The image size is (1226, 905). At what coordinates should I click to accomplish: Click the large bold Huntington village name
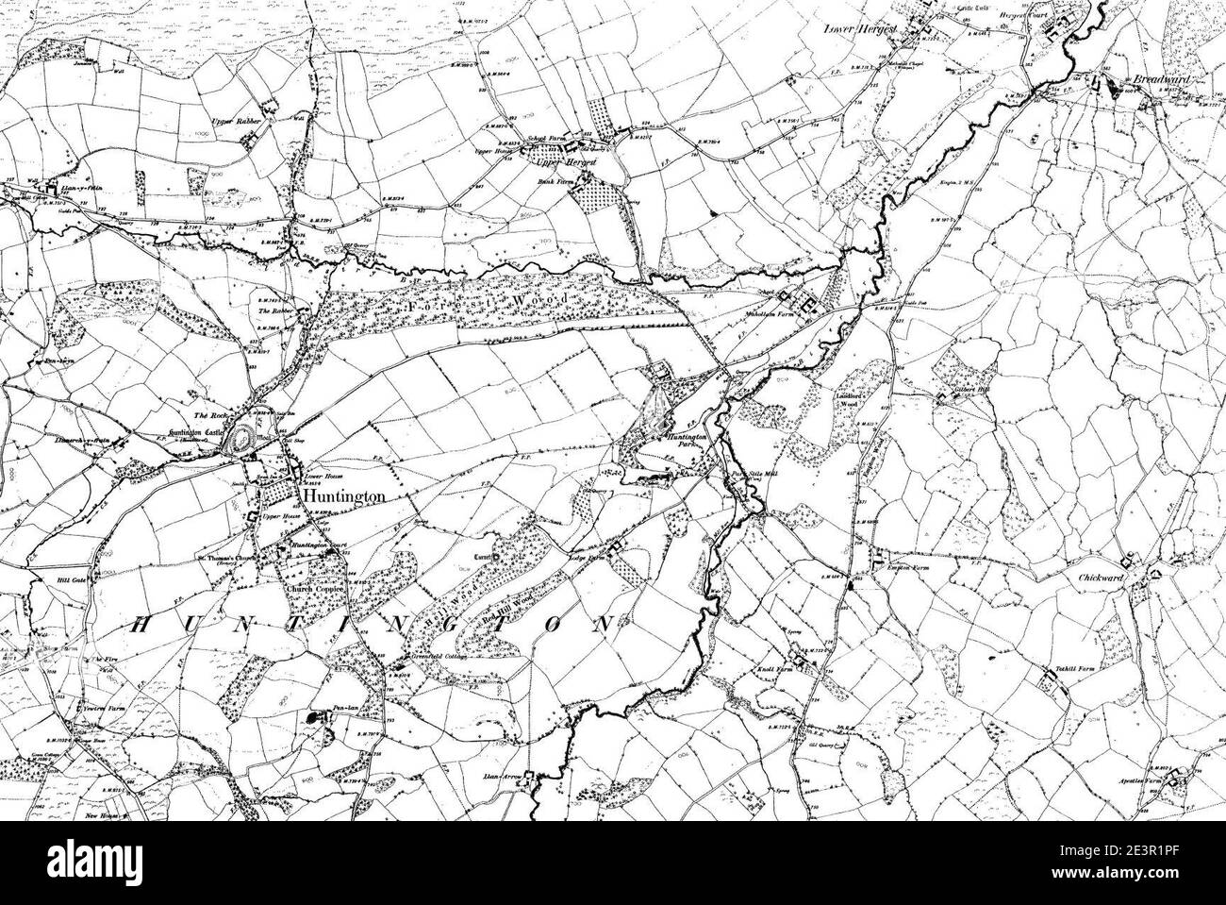point(341,496)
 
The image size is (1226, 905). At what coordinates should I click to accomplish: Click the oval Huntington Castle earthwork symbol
point(247,437)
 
